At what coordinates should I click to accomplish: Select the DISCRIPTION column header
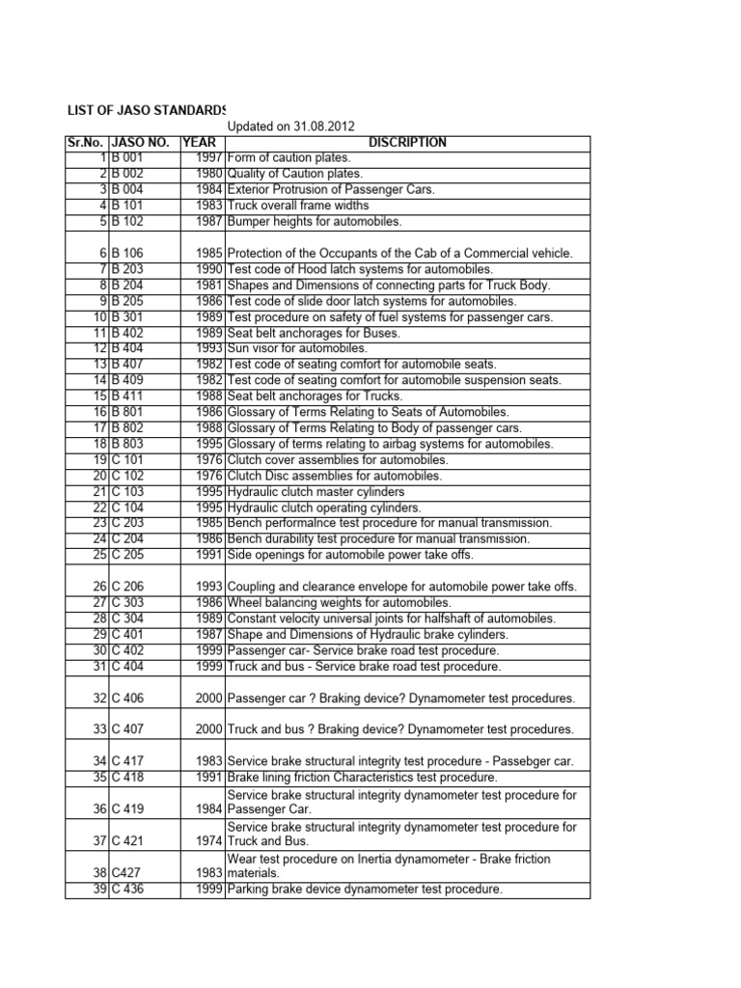pos(407,142)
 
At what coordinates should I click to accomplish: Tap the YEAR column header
pos(199,142)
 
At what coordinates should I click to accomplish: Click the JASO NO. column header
pos(142,142)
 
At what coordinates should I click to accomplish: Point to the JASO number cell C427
pos(126,873)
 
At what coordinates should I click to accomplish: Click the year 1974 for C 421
pos(208,841)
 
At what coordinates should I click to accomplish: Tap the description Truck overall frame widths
pos(297,206)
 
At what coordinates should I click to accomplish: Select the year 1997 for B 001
pos(208,157)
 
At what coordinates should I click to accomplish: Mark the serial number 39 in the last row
pos(98,889)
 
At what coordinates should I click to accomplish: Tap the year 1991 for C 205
pos(208,555)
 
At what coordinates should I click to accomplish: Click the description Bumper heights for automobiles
pos(314,221)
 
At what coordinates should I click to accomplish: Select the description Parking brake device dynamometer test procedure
pos(364,889)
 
